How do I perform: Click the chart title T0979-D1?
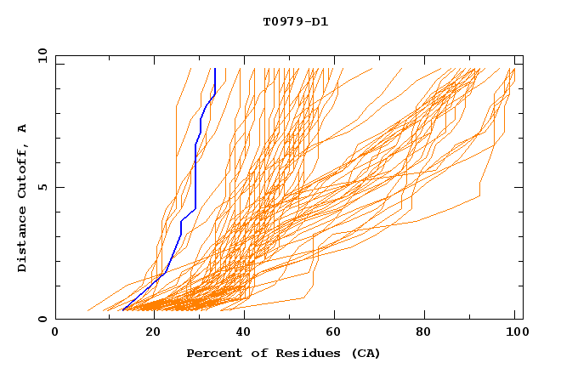click(295, 21)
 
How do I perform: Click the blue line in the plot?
click(195, 170)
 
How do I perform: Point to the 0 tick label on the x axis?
click(55, 332)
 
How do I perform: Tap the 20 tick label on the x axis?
click(153, 332)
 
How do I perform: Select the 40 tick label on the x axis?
click(244, 332)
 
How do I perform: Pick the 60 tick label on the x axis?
click(334, 332)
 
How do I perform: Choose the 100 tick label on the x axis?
click(514, 332)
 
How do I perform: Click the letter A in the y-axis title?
click(23, 128)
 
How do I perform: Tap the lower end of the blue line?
click(123, 310)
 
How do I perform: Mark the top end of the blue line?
click(215, 69)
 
